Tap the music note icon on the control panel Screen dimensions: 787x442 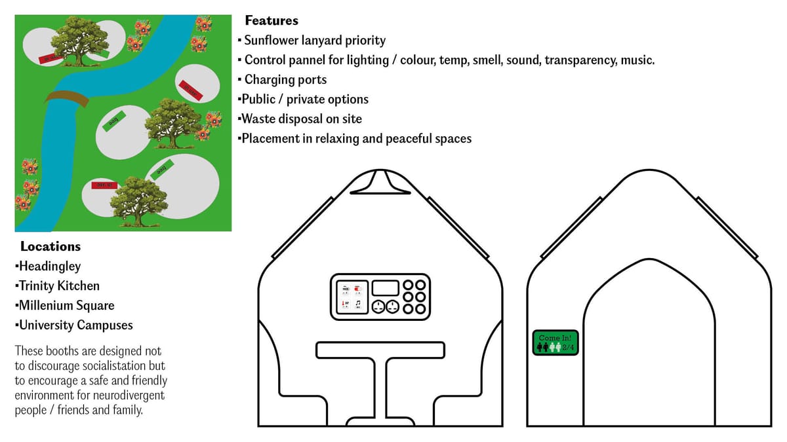(358, 304)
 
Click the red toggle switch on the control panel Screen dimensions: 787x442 (358, 288)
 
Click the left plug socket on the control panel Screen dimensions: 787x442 (378, 306)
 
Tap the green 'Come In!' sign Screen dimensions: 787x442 (555, 342)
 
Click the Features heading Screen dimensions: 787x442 (272, 21)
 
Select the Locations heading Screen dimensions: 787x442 (50, 246)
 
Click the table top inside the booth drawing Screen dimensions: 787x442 (381, 350)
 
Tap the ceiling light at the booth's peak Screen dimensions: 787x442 (381, 183)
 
